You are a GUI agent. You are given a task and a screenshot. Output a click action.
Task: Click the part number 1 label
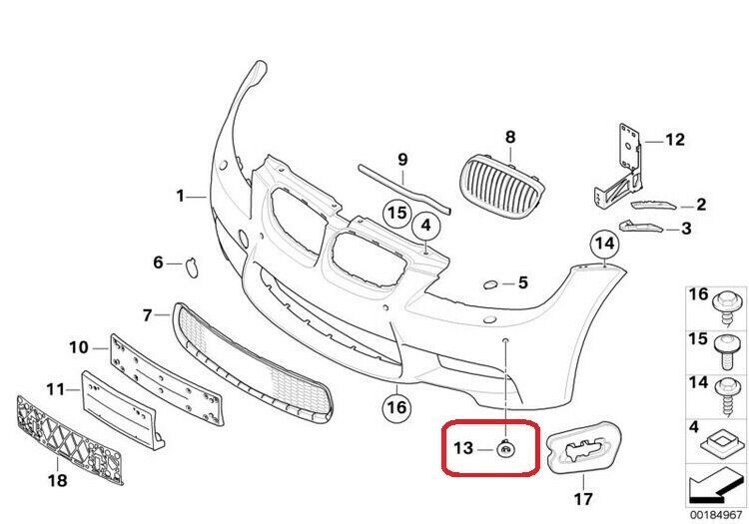(x=181, y=197)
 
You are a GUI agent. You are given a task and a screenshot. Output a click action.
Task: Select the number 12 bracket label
(x=675, y=141)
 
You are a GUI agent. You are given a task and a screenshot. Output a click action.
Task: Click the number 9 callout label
(x=403, y=159)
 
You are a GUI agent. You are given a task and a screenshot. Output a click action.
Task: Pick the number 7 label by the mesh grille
(x=148, y=315)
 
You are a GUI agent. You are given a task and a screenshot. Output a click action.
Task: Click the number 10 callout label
(x=79, y=347)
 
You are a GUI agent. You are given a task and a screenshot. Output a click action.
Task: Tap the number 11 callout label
(x=56, y=387)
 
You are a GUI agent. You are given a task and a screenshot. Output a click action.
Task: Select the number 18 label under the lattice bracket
(x=58, y=481)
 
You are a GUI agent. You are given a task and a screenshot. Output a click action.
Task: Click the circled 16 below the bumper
(x=396, y=406)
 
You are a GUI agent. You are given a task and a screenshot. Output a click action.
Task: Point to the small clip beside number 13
(x=507, y=450)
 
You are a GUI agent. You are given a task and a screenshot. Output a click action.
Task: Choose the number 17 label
(x=581, y=497)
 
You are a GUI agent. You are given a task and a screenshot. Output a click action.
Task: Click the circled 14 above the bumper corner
(x=603, y=243)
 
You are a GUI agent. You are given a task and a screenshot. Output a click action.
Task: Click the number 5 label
(x=522, y=283)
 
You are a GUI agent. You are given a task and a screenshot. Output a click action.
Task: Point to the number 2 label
(x=700, y=205)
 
